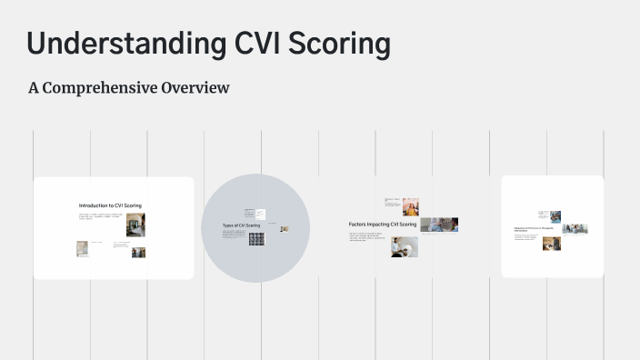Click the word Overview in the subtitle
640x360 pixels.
point(194,88)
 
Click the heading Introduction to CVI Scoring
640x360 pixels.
point(110,206)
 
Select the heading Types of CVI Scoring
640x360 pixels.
point(241,225)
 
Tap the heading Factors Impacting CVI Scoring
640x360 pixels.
point(383,224)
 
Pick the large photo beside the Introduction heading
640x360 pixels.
point(135,225)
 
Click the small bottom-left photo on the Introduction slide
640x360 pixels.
point(82,248)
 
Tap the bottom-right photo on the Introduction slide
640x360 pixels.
point(138,252)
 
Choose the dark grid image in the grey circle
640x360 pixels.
point(256,239)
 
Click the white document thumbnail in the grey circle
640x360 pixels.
point(260,214)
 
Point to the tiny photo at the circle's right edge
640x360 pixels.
point(284,230)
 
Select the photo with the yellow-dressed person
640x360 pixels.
point(410,205)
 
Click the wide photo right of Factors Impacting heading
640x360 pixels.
point(439,225)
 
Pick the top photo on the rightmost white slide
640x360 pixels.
point(555,216)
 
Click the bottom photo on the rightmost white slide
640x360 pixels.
point(552,243)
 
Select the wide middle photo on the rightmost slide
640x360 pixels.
point(575,229)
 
